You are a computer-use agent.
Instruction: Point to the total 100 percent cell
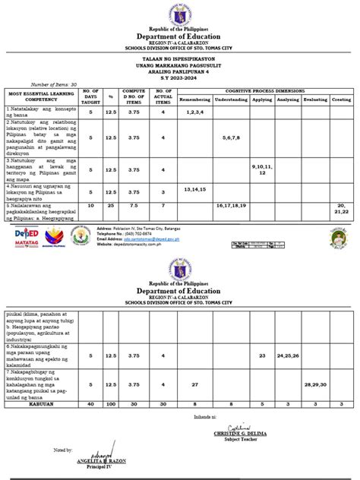click(x=110, y=405)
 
